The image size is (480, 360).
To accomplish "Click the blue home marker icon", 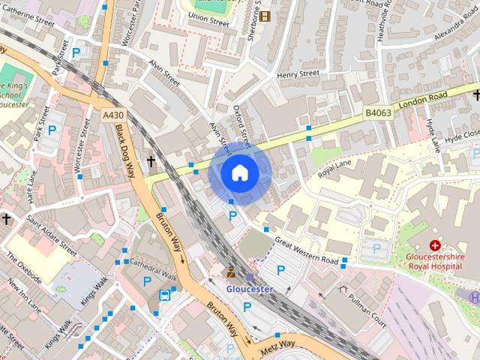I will (239, 173).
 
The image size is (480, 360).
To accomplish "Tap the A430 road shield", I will (112, 115).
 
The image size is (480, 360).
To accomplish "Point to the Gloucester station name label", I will (250, 289).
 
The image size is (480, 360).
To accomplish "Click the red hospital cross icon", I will (435, 245).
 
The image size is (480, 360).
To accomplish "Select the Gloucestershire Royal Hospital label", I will (435, 260).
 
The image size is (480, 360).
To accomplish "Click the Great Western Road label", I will (307, 250).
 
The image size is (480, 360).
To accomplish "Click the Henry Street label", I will (298, 74).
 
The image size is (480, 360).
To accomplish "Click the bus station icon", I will (163, 295).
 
